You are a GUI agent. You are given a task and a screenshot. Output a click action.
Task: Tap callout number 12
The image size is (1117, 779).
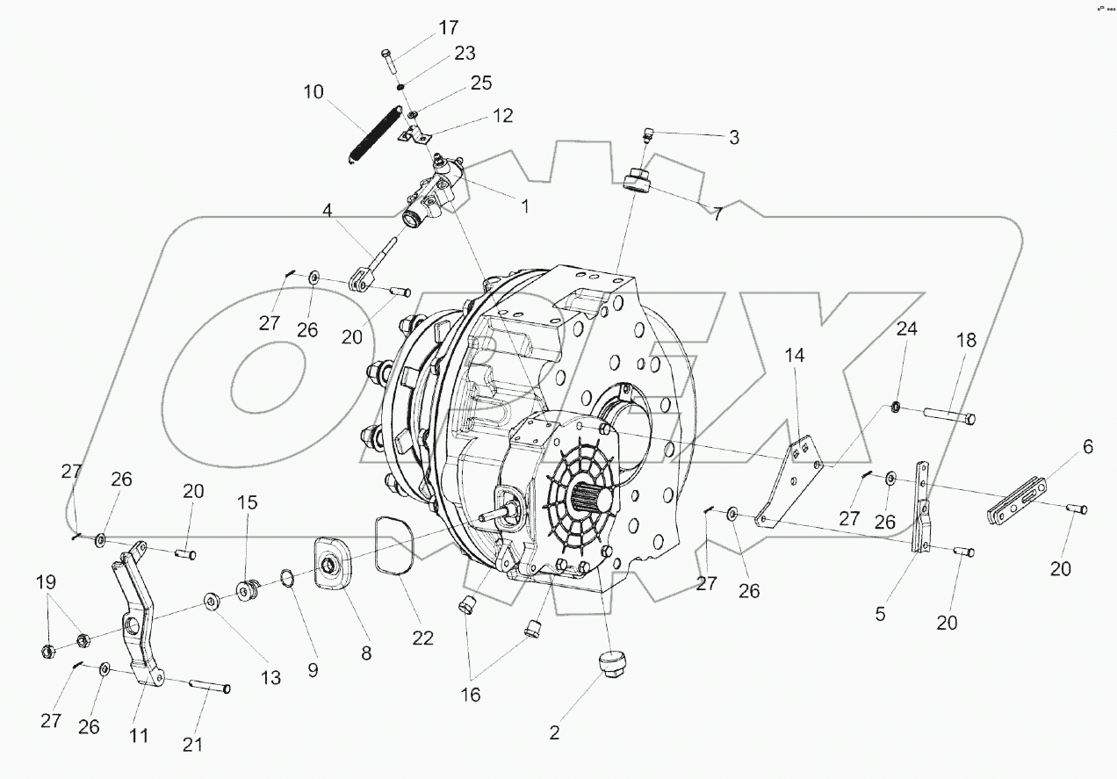click(501, 116)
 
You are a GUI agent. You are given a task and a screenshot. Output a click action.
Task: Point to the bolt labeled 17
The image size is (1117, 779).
click(388, 62)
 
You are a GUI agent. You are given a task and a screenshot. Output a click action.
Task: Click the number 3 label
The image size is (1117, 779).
click(734, 137)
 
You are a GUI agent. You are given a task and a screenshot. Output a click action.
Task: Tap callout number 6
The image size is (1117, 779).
click(1087, 447)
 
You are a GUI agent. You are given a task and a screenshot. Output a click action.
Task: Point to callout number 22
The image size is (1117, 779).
click(423, 638)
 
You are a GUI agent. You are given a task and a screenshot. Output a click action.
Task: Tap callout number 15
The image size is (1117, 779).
click(248, 503)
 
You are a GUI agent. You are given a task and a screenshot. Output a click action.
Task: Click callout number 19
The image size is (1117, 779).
click(46, 581)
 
